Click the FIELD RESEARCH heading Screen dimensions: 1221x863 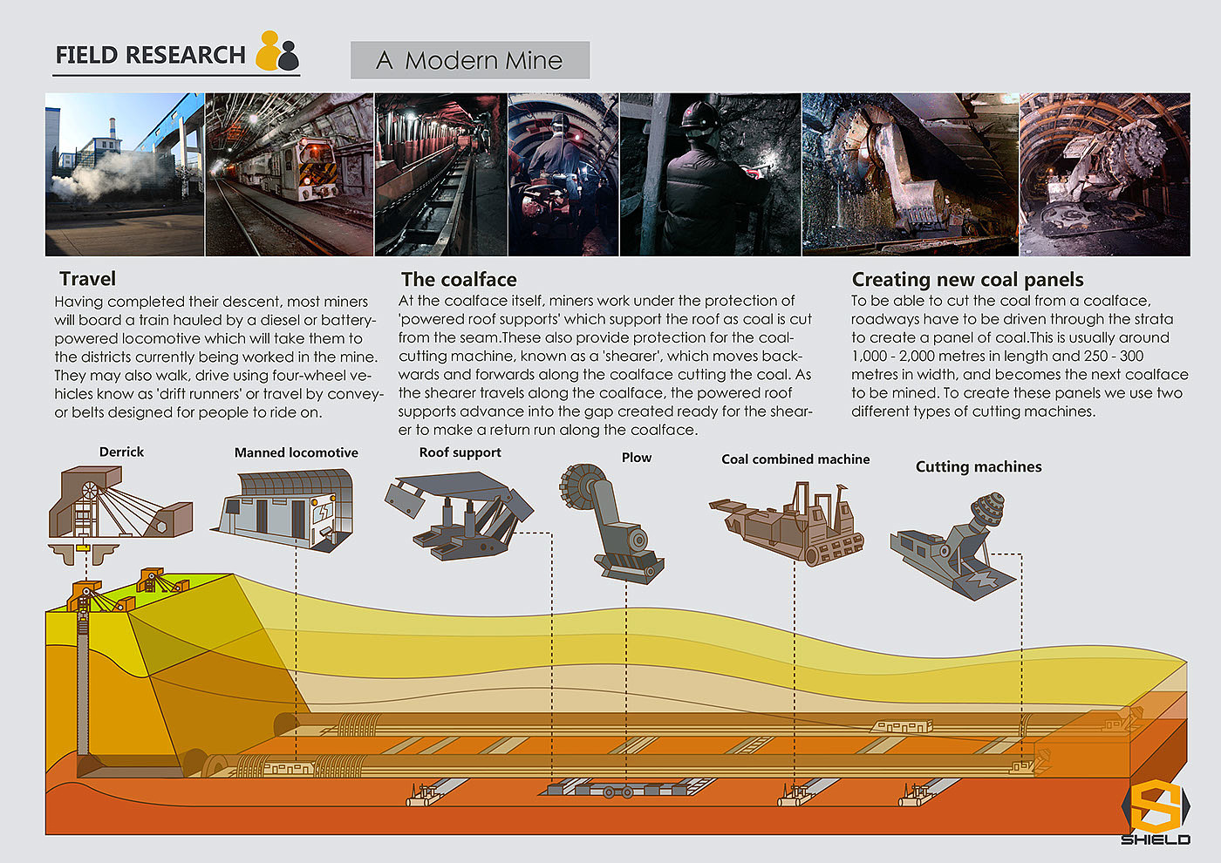point(150,55)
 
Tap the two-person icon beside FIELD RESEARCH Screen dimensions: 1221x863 point(277,52)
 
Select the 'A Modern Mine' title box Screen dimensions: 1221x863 point(470,60)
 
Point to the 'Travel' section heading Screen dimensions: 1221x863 point(87,279)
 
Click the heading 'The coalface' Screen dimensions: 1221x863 point(459,280)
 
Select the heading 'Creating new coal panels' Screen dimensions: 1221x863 point(967,280)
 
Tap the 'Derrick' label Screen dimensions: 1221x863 point(121,452)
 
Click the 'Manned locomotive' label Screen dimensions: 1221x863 point(296,452)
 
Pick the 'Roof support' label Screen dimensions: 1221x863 point(460,452)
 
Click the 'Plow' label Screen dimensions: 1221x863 point(637,458)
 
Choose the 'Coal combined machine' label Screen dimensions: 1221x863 point(795,459)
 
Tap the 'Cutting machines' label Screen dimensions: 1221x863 point(979,466)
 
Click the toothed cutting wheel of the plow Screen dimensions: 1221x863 point(583,486)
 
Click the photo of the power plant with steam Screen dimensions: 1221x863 point(125,174)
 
